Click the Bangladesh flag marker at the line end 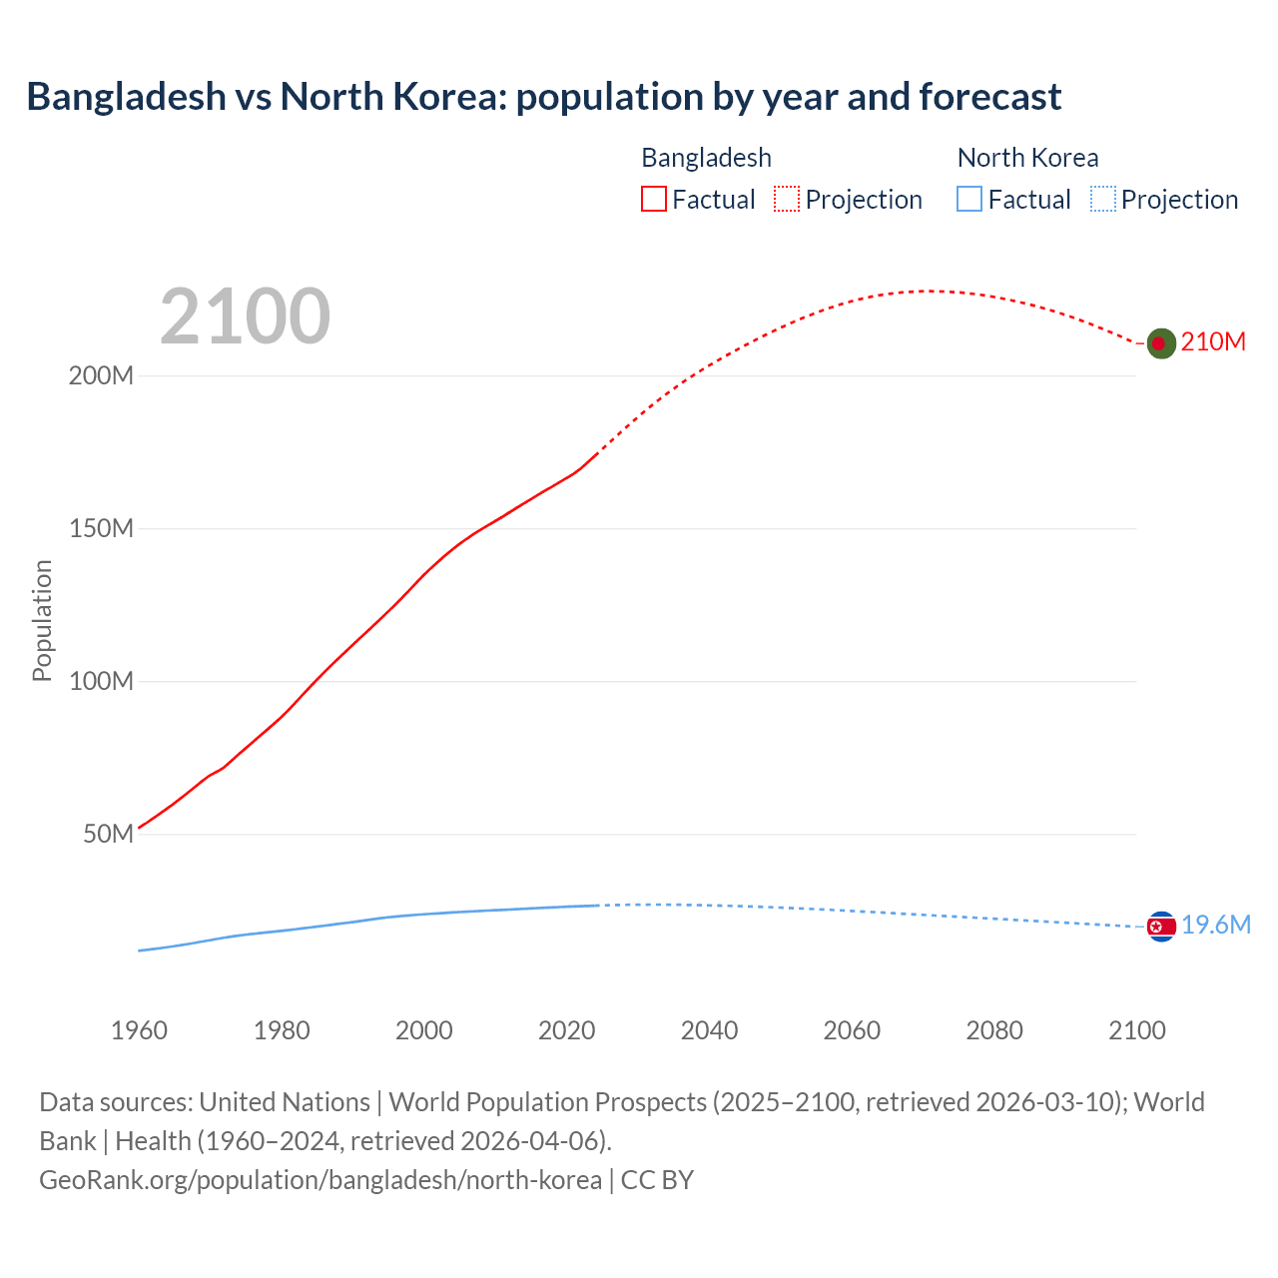tap(1160, 343)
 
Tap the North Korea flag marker tap(1161, 927)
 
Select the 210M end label tap(1213, 342)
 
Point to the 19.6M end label tap(1216, 926)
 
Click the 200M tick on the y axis tap(101, 376)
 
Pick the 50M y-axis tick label tap(108, 834)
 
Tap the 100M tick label tap(101, 682)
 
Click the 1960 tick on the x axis tap(139, 1030)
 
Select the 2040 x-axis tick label tap(709, 1030)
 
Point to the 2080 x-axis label tap(994, 1030)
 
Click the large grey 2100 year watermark tap(245, 317)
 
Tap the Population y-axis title tap(42, 620)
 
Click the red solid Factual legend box tap(654, 200)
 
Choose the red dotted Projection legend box tap(787, 200)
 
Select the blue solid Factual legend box tap(969, 200)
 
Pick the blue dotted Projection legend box tap(1102, 200)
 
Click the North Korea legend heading tap(1027, 158)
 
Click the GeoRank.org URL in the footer tap(320, 1180)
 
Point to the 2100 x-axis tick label tap(1137, 1030)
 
